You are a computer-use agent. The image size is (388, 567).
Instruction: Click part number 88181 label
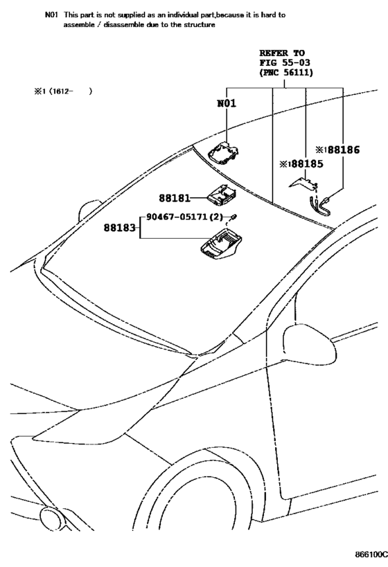(x=175, y=198)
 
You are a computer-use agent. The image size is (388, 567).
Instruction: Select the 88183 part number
(x=119, y=228)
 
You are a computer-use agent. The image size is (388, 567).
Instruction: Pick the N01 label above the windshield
(x=227, y=103)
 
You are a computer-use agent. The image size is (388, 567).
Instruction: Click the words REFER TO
(x=282, y=53)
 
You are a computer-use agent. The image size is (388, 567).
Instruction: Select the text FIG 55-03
(x=285, y=62)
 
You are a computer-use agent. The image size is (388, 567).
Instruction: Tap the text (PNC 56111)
(x=286, y=72)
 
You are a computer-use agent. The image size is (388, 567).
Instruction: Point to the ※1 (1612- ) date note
(x=63, y=91)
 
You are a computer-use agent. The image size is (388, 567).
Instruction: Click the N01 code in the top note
(x=51, y=15)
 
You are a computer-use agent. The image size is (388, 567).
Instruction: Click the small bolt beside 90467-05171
(x=233, y=217)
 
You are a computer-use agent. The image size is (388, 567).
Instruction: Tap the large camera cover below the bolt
(x=221, y=245)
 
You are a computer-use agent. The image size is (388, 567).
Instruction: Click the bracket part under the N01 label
(x=224, y=154)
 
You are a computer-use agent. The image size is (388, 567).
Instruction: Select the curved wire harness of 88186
(x=319, y=205)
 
